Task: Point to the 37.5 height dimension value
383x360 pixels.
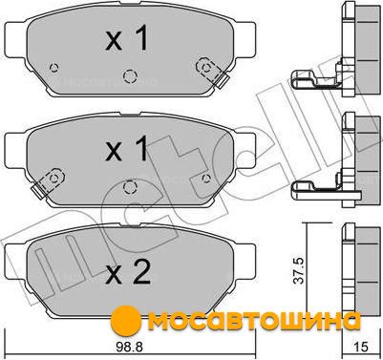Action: [299, 271]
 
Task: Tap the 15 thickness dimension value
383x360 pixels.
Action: [360, 347]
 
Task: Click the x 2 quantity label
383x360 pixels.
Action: [128, 272]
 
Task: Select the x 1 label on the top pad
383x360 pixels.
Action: [127, 38]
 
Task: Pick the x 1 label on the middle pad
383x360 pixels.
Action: [127, 148]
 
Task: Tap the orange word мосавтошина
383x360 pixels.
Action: [254, 322]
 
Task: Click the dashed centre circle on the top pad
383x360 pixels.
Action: [130, 76]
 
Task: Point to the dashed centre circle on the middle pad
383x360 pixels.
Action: [130, 186]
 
